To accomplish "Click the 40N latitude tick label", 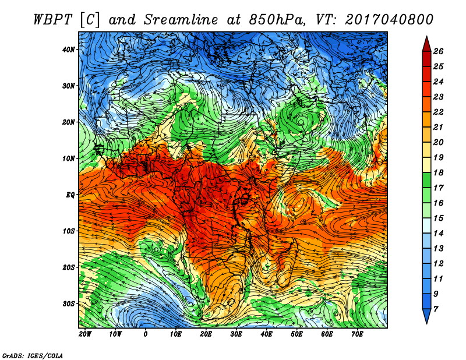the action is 69,50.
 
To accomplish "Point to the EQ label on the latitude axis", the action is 70,195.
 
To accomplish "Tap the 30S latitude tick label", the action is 69,304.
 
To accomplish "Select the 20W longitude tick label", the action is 85,334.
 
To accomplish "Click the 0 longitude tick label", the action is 145,334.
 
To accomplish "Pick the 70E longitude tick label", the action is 357,334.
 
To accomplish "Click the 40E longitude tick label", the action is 266,334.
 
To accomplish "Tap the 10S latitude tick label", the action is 69,231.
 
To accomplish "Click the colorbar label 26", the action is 438,51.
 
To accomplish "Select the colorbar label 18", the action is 438,172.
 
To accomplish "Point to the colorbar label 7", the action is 436,309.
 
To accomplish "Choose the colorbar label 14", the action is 438,234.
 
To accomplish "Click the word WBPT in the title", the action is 52,20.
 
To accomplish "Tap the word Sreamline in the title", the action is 181,20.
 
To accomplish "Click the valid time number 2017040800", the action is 389,20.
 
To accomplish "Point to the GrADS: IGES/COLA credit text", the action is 33,356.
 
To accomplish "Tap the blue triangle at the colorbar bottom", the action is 427,316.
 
